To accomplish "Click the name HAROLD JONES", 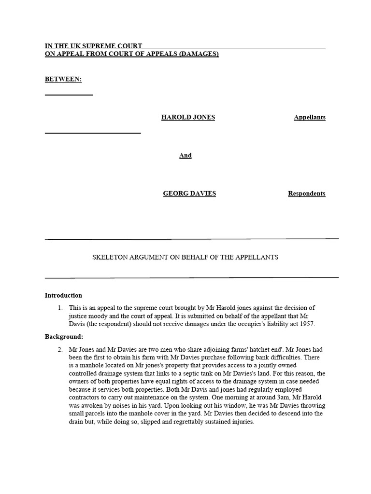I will [188, 117].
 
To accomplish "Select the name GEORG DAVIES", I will [189, 193].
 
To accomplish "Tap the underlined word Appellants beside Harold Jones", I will [309, 117].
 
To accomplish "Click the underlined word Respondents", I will [306, 193].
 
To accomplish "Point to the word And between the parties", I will [185, 155].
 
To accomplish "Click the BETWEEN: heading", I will [63, 79].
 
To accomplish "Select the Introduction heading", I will [63, 295].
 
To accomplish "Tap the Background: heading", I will [64, 336].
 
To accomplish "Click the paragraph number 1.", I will [60, 308].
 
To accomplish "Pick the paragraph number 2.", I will [60, 349].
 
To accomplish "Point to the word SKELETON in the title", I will [109, 257].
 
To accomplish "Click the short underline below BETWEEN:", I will [69, 95].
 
